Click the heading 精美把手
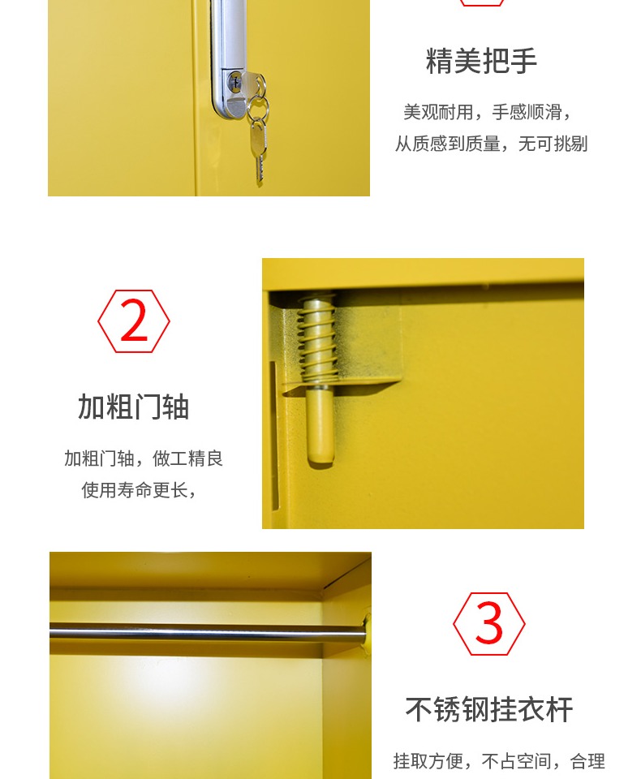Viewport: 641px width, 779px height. pos(481,61)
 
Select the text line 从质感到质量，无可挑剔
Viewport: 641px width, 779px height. pos(491,144)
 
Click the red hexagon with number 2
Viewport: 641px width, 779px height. pos(134,322)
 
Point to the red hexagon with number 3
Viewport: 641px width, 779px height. pos(488,624)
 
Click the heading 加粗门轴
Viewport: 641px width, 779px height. pos(133,407)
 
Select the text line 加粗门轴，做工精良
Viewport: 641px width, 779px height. pos(144,458)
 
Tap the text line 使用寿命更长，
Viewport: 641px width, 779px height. pos(139,490)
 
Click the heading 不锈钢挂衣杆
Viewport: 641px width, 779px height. pos(489,710)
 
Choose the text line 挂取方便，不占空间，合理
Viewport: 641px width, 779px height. pos(499,761)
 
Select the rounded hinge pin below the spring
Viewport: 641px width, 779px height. pos(318,426)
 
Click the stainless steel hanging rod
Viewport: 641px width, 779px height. pos(203,631)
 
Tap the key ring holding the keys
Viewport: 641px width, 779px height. pos(256,105)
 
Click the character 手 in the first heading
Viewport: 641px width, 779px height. pos(523,61)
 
